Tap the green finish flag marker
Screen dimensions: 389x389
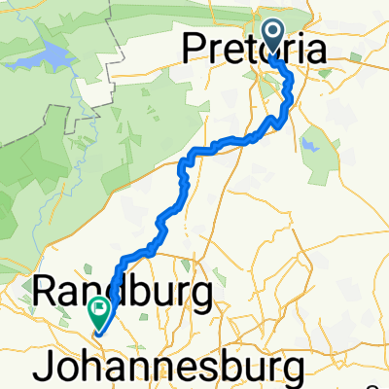click(x=99, y=311)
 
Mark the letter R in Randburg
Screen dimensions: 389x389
click(x=45, y=291)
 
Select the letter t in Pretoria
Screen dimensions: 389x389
click(x=248, y=47)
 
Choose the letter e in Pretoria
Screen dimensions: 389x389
click(x=231, y=49)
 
